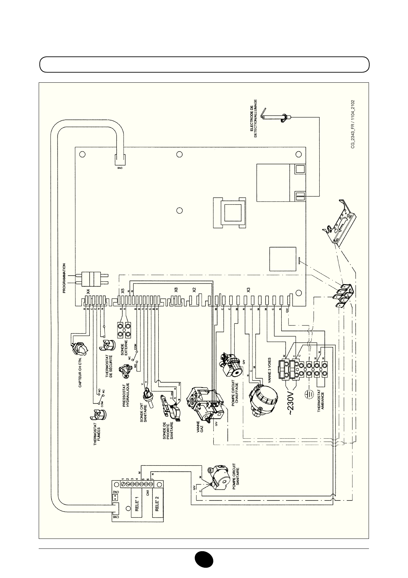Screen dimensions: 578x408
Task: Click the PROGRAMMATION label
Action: pyautogui.click(x=64, y=278)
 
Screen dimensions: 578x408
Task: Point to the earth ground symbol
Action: pyautogui.click(x=309, y=395)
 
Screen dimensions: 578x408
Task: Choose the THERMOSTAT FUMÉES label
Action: pyautogui.click(x=97, y=434)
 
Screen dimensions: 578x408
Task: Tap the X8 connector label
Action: pyautogui.click(x=176, y=290)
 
